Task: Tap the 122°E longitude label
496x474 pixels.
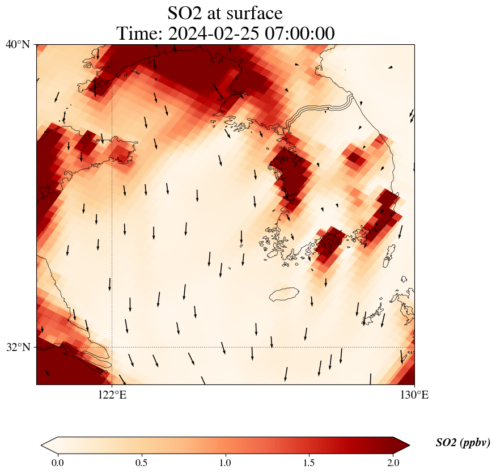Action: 112,395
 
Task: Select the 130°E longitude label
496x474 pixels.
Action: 414,395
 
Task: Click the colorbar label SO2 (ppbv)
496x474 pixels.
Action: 463,443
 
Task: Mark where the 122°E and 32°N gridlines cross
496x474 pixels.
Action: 112,347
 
